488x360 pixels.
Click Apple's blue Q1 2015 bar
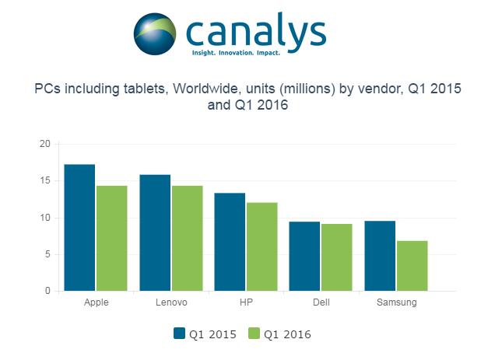pyautogui.click(x=79, y=228)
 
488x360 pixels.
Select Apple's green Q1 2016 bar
pyautogui.click(x=112, y=239)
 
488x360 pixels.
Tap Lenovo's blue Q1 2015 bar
pyautogui.click(x=155, y=232)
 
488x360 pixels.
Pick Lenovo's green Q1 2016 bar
pyautogui.click(x=188, y=239)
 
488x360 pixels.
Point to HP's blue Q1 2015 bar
pyautogui.click(x=230, y=242)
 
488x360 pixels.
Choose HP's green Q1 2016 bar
pyautogui.click(x=262, y=246)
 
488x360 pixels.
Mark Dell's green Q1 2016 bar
pyautogui.click(x=337, y=257)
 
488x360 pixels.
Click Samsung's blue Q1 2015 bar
pyautogui.click(x=380, y=256)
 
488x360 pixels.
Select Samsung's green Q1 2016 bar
pyautogui.click(x=413, y=266)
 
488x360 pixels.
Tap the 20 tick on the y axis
pyautogui.click(x=45, y=144)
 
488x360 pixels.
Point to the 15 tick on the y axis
pyautogui.click(x=45, y=180)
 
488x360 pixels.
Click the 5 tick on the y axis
pyautogui.click(x=47, y=254)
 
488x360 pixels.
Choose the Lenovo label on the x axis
pyautogui.click(x=171, y=302)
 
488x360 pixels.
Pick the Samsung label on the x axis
pyautogui.click(x=396, y=302)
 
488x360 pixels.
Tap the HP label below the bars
pyautogui.click(x=246, y=302)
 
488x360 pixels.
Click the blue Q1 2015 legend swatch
pyautogui.click(x=179, y=334)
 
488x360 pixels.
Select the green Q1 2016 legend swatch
pyautogui.click(x=254, y=334)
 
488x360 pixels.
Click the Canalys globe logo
pyautogui.click(x=155, y=34)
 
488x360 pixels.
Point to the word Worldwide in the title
pyautogui.click(x=207, y=89)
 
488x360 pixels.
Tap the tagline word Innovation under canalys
pyautogui.click(x=237, y=53)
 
